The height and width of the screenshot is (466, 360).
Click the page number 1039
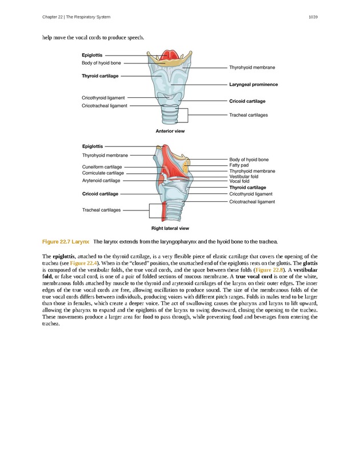(312, 17)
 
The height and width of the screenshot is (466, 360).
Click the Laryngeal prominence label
(253, 85)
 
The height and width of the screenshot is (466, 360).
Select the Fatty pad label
(239, 165)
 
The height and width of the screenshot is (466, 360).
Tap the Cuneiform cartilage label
(102, 167)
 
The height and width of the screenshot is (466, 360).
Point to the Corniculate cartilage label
(103, 173)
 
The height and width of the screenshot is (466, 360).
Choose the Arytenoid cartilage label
(101, 181)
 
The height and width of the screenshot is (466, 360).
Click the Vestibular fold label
(243, 177)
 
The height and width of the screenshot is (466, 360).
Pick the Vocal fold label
(239, 181)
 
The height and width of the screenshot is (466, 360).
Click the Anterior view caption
(170, 132)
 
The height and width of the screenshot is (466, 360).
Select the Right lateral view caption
(170, 228)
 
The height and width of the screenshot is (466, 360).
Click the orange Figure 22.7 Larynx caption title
(65, 242)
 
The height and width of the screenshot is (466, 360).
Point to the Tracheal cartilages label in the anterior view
(248, 115)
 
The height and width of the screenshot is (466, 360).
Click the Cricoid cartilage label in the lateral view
(100, 194)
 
